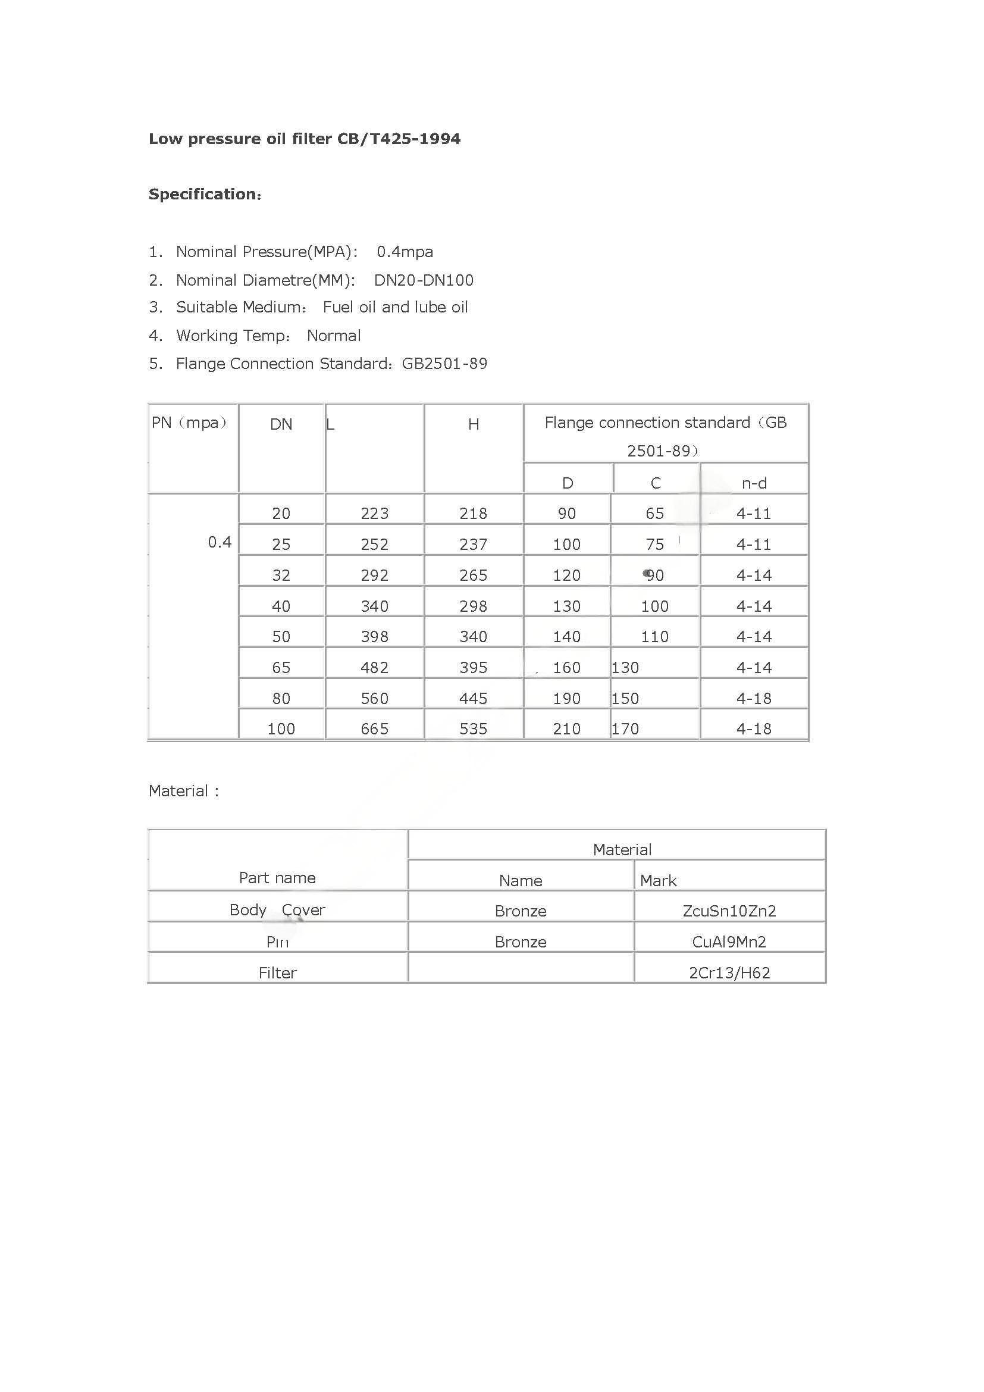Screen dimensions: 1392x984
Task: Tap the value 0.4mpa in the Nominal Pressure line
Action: pos(405,252)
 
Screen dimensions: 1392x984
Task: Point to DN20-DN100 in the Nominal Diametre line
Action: pos(424,280)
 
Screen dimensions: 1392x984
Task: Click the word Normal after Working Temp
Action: pos(333,336)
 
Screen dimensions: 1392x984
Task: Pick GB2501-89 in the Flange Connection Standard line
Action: pos(444,364)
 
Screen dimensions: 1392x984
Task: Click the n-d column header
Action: pos(754,483)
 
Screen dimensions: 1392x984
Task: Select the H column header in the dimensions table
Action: pos(473,424)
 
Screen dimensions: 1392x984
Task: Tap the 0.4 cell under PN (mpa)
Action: pos(220,542)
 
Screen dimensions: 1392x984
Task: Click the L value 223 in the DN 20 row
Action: pos(374,514)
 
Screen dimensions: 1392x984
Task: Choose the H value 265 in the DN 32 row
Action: pos(473,575)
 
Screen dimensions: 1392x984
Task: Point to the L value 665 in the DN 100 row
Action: pos(374,729)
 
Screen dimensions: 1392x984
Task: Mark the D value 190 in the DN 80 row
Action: pos(566,699)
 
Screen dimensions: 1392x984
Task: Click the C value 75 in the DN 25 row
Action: pos(654,545)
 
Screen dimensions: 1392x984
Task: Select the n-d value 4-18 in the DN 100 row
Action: pos(754,729)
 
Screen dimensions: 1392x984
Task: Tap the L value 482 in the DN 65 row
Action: pos(374,668)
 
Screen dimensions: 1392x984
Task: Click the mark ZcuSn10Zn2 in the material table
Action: pos(729,911)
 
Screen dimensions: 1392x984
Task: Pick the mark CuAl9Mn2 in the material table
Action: pos(729,941)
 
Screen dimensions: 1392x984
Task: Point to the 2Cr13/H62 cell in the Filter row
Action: pos(729,972)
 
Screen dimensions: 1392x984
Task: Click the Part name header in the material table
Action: pos(277,878)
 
